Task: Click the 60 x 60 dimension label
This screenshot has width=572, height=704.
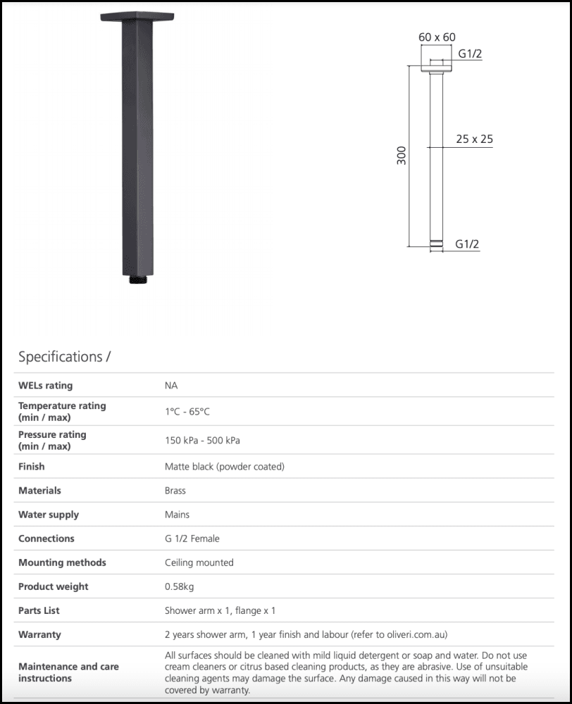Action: click(x=437, y=37)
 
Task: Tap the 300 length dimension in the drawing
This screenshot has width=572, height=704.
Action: click(x=402, y=156)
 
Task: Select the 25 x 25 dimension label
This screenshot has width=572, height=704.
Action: click(x=474, y=139)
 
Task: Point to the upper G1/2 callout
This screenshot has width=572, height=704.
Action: click(x=470, y=54)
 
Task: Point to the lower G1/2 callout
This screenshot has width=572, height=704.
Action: click(x=467, y=244)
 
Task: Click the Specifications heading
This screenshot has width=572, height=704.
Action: click(x=64, y=356)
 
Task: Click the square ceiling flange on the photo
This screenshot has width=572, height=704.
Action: click(x=137, y=17)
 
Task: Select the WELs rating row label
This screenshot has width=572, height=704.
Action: click(x=45, y=385)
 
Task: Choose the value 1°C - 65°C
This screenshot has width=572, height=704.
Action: click(x=187, y=412)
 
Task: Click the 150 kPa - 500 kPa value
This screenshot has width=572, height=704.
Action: click(x=202, y=441)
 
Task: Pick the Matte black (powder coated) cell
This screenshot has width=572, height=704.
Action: click(x=224, y=467)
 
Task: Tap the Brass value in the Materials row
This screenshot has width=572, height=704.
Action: click(x=175, y=491)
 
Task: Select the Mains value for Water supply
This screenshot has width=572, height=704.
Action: click(x=177, y=515)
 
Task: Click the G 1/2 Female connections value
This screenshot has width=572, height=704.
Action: click(x=192, y=539)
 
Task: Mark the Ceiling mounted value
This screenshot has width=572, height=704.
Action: click(x=199, y=562)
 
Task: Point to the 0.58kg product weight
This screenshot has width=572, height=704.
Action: click(x=180, y=586)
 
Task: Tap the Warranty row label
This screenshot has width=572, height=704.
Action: click(x=39, y=634)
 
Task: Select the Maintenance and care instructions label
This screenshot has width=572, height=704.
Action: click(x=68, y=672)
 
